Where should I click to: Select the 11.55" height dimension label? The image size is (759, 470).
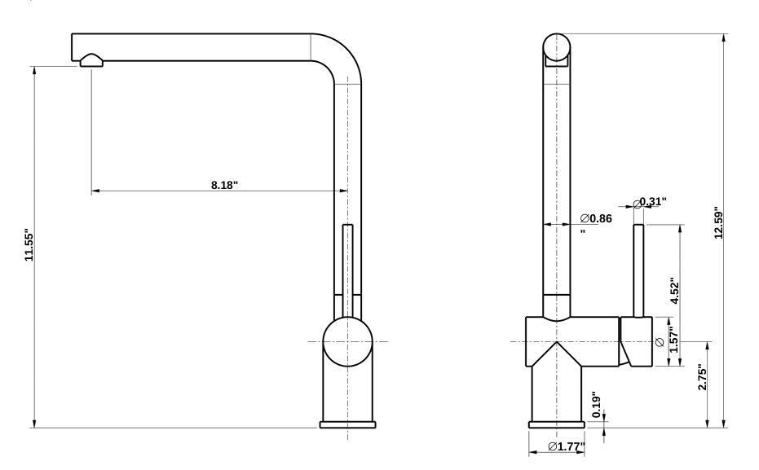[29, 247]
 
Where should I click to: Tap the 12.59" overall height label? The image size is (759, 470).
[718, 223]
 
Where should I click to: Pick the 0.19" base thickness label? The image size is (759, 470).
[595, 405]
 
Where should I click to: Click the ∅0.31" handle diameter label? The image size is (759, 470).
[651, 201]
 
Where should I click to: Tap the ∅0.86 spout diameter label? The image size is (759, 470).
[596, 218]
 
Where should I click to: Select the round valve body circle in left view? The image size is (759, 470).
[348, 341]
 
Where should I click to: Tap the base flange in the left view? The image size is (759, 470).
[348, 424]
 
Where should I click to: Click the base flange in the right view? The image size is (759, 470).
[557, 424]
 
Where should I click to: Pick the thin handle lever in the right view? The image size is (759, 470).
[639, 269]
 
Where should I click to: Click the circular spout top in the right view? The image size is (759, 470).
[557, 46]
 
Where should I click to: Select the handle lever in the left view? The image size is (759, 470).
[348, 269]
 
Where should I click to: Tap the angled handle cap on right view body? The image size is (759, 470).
[636, 342]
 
